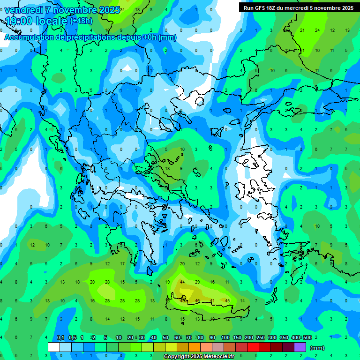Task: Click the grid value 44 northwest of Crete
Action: click(182, 282)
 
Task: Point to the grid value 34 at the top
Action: click(122, 9)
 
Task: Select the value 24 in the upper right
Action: click(317, 30)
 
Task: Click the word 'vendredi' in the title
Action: click(24, 10)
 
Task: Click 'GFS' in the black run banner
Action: click(262, 7)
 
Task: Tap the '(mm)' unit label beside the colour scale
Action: click(317, 348)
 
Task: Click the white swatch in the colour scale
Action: click(54, 347)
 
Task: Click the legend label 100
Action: click(225, 338)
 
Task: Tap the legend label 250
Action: click(260, 338)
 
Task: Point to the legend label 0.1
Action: click(60, 338)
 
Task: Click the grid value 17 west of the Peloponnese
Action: click(122, 264)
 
